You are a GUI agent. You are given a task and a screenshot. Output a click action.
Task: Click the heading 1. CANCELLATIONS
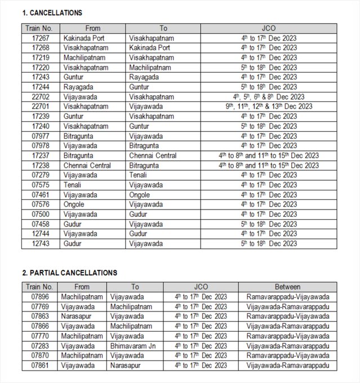click(x=52, y=12)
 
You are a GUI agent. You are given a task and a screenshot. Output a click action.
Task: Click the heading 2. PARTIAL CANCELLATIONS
click(x=69, y=273)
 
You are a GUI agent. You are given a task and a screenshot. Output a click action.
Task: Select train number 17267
click(x=40, y=38)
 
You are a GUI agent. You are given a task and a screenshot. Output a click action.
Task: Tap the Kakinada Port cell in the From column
click(x=85, y=38)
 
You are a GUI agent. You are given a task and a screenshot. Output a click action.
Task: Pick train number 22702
click(x=40, y=97)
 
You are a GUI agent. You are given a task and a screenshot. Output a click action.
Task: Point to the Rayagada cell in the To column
click(x=144, y=77)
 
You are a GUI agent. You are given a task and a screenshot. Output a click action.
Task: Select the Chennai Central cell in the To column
click(x=153, y=155)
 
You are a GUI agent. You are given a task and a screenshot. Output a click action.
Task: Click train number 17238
click(x=40, y=166)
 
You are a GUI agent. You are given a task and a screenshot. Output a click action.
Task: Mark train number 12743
click(x=40, y=244)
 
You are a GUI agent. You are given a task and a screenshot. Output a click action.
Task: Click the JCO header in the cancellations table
click(x=269, y=28)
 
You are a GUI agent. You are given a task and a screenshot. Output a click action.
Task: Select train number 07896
click(x=40, y=296)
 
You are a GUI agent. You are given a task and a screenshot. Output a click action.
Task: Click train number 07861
click(x=40, y=366)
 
